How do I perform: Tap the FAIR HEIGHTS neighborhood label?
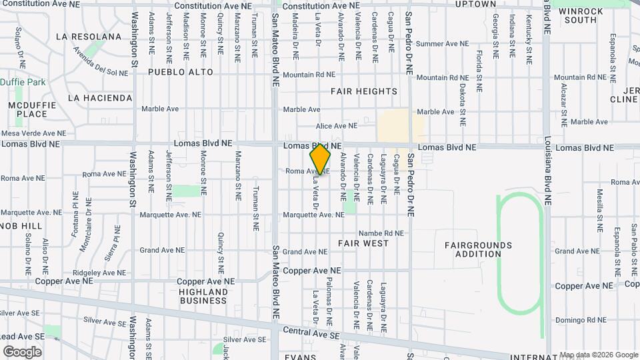click(x=364, y=91)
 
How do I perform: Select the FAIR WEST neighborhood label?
click(x=363, y=243)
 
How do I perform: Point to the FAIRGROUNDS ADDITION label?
click(x=479, y=249)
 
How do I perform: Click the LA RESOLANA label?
click(x=89, y=36)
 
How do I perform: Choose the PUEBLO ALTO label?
click(x=181, y=72)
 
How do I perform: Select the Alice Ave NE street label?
click(x=337, y=125)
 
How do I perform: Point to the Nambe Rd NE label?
click(x=381, y=233)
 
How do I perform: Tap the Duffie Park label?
click(x=23, y=82)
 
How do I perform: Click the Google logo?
click(x=22, y=352)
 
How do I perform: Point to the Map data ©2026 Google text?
click(x=599, y=355)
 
